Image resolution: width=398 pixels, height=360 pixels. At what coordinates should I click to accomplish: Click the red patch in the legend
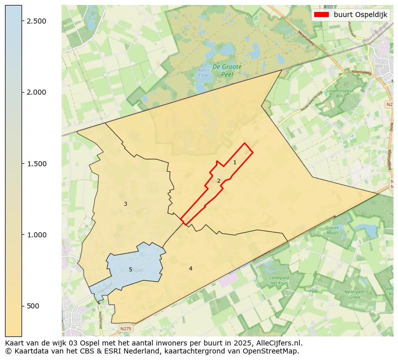coord(321,15)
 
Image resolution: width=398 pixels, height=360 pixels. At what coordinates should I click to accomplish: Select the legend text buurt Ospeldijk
coord(360,15)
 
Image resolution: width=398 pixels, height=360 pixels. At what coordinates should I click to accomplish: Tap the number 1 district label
coord(235,162)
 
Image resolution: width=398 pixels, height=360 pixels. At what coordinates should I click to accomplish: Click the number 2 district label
coord(219,181)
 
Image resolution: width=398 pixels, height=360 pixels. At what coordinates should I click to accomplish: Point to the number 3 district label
coord(125,204)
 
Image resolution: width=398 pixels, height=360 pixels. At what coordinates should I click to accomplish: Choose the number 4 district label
coord(190,268)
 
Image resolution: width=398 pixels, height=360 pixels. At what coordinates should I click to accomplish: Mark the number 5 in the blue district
coord(130,269)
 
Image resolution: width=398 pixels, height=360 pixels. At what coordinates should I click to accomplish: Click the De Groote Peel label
coord(227,70)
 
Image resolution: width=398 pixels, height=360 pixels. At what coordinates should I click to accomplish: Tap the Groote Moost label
coord(332,230)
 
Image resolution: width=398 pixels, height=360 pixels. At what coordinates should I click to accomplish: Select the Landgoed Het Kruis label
coord(280,280)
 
